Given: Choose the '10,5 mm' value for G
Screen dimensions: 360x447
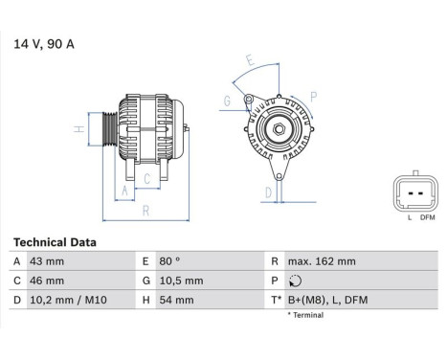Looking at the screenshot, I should click(x=180, y=281).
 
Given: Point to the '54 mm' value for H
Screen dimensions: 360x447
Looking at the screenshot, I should click(x=175, y=300).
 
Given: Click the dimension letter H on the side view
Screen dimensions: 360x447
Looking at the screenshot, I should click(x=78, y=129).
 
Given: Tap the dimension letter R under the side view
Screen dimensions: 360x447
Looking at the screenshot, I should click(x=144, y=210).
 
